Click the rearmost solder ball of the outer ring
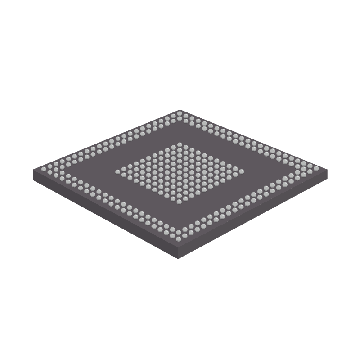click(x=180, y=112)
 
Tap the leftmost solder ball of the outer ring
click(x=44, y=170)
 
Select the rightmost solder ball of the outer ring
click(x=316, y=170)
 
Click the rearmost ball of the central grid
click(x=180, y=145)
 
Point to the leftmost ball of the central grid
click(x=118, y=172)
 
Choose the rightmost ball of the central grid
click(x=241, y=172)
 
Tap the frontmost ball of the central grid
click(x=179, y=201)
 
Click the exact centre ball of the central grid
click(x=180, y=173)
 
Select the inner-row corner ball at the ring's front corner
click(x=179, y=228)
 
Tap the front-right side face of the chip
click(x=256, y=215)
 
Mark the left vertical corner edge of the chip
click(x=34, y=175)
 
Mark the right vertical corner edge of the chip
click(x=327, y=175)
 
